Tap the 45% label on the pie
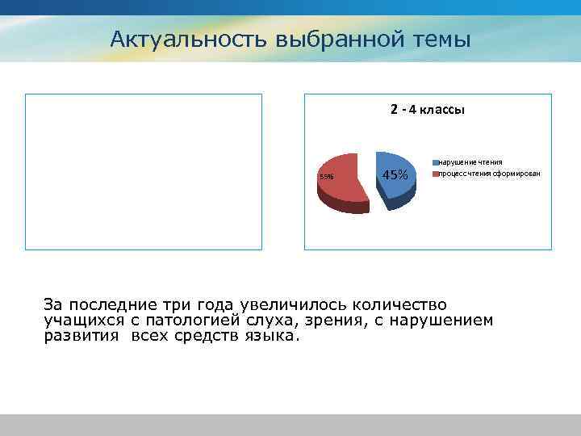[395, 175]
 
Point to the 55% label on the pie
[326, 177]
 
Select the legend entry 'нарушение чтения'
[470, 162]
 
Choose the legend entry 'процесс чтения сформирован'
[489, 174]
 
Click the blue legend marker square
[434, 163]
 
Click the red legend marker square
[434, 174]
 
